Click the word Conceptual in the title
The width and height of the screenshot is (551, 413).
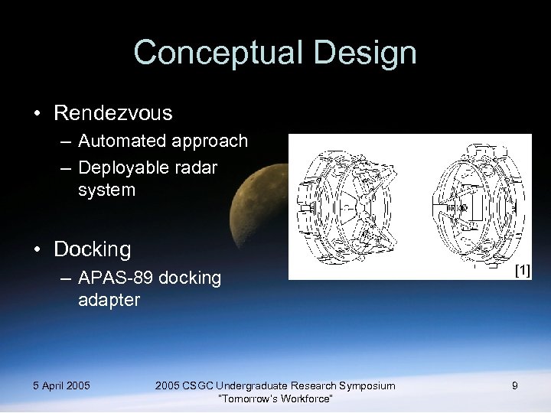pos(214,54)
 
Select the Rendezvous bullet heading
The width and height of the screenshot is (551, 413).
pos(113,113)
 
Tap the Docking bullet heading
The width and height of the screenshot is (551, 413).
pos(93,249)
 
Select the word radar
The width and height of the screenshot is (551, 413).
pos(197,167)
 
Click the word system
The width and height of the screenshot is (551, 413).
pos(106,189)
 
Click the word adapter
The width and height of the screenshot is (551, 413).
pos(109,300)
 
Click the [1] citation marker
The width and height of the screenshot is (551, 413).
pos(521,270)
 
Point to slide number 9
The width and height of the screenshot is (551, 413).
pos(514,385)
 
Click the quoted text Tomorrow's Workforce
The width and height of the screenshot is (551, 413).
pos(275,398)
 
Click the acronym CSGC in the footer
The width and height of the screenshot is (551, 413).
pos(198,385)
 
